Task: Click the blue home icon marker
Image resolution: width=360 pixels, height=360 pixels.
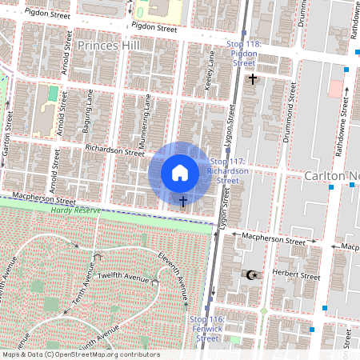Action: [180, 173]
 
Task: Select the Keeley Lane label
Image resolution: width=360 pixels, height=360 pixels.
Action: [210, 72]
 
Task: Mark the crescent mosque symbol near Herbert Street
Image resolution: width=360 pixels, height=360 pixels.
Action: [251, 274]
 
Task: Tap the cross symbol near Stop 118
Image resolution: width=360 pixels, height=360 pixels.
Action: [253, 78]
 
